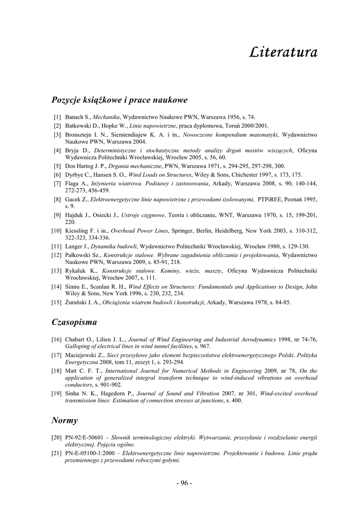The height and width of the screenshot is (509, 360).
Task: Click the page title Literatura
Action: (x=283, y=52)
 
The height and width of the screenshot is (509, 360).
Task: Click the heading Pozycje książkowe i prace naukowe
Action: (x=119, y=100)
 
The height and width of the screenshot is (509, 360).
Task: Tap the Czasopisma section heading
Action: (x=74, y=322)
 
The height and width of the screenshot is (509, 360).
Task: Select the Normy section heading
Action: (x=65, y=420)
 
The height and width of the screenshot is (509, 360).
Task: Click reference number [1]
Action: (x=57, y=117)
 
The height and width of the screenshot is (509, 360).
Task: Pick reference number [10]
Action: (x=56, y=231)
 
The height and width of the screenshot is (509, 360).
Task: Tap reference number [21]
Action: (x=56, y=453)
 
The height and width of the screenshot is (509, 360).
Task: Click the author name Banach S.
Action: (x=78, y=117)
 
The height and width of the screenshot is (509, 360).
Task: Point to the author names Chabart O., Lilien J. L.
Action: (x=96, y=339)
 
